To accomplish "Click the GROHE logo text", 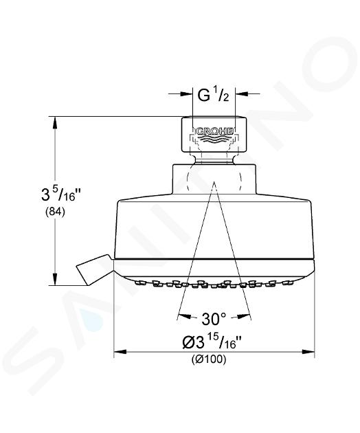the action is tap(214, 131).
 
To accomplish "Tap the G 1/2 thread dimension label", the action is tap(213, 96).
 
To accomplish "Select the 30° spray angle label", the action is tap(214, 319).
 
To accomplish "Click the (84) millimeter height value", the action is tap(55, 212).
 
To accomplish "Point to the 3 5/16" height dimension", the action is tap(58, 195).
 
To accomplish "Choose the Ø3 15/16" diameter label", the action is tap(212, 342).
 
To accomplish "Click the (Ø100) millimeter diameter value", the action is tap(209, 359).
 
